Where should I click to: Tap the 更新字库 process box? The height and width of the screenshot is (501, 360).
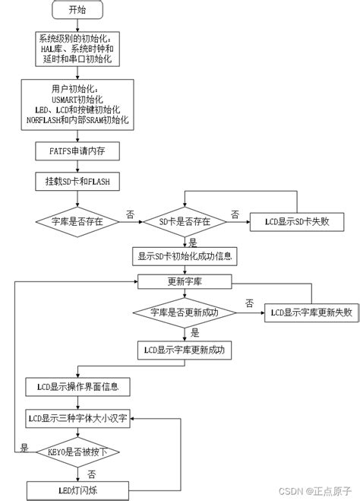coord(185,281)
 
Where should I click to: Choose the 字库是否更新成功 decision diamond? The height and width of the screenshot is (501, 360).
coord(185,312)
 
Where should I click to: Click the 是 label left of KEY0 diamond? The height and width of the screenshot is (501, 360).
coord(24,447)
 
